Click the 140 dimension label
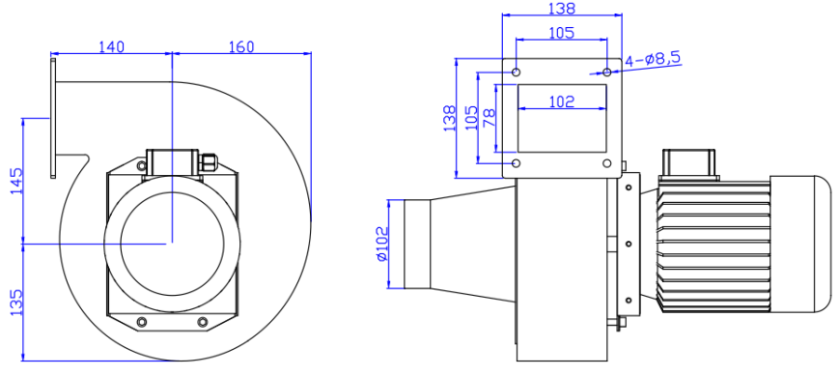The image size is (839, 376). [x=112, y=45]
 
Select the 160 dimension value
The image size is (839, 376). [x=242, y=45]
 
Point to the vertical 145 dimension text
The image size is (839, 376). [x=15, y=180]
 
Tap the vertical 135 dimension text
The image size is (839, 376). [x=15, y=302]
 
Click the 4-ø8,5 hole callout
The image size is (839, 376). [x=653, y=59]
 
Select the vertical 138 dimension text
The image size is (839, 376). [x=449, y=118]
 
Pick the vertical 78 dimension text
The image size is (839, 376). [x=489, y=118]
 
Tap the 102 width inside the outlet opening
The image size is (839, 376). [x=561, y=101]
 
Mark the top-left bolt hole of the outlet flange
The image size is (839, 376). [x=517, y=72]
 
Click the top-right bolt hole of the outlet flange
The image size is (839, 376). [x=605, y=72]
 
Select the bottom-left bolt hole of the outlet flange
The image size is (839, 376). [x=517, y=162]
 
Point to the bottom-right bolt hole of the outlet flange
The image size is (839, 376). [x=605, y=162]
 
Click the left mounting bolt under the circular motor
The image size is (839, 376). [x=143, y=322]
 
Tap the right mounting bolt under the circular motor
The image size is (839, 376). [x=202, y=322]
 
